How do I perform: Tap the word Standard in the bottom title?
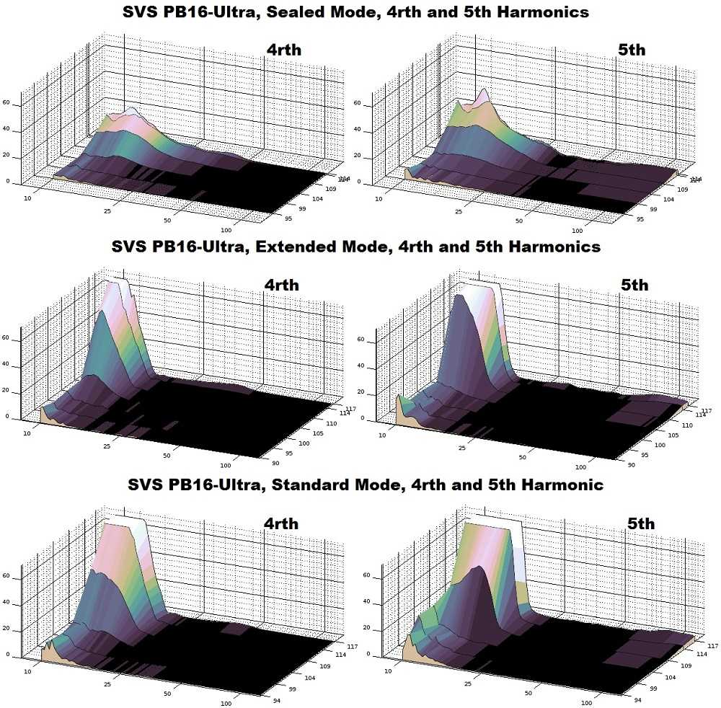coord(326,484)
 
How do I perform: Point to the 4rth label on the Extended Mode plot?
coord(280,285)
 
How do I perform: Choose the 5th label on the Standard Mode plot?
coord(640,523)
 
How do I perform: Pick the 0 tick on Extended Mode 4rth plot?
coord(8,417)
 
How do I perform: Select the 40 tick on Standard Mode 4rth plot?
coord(7,603)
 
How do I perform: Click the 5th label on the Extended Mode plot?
coord(634,285)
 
